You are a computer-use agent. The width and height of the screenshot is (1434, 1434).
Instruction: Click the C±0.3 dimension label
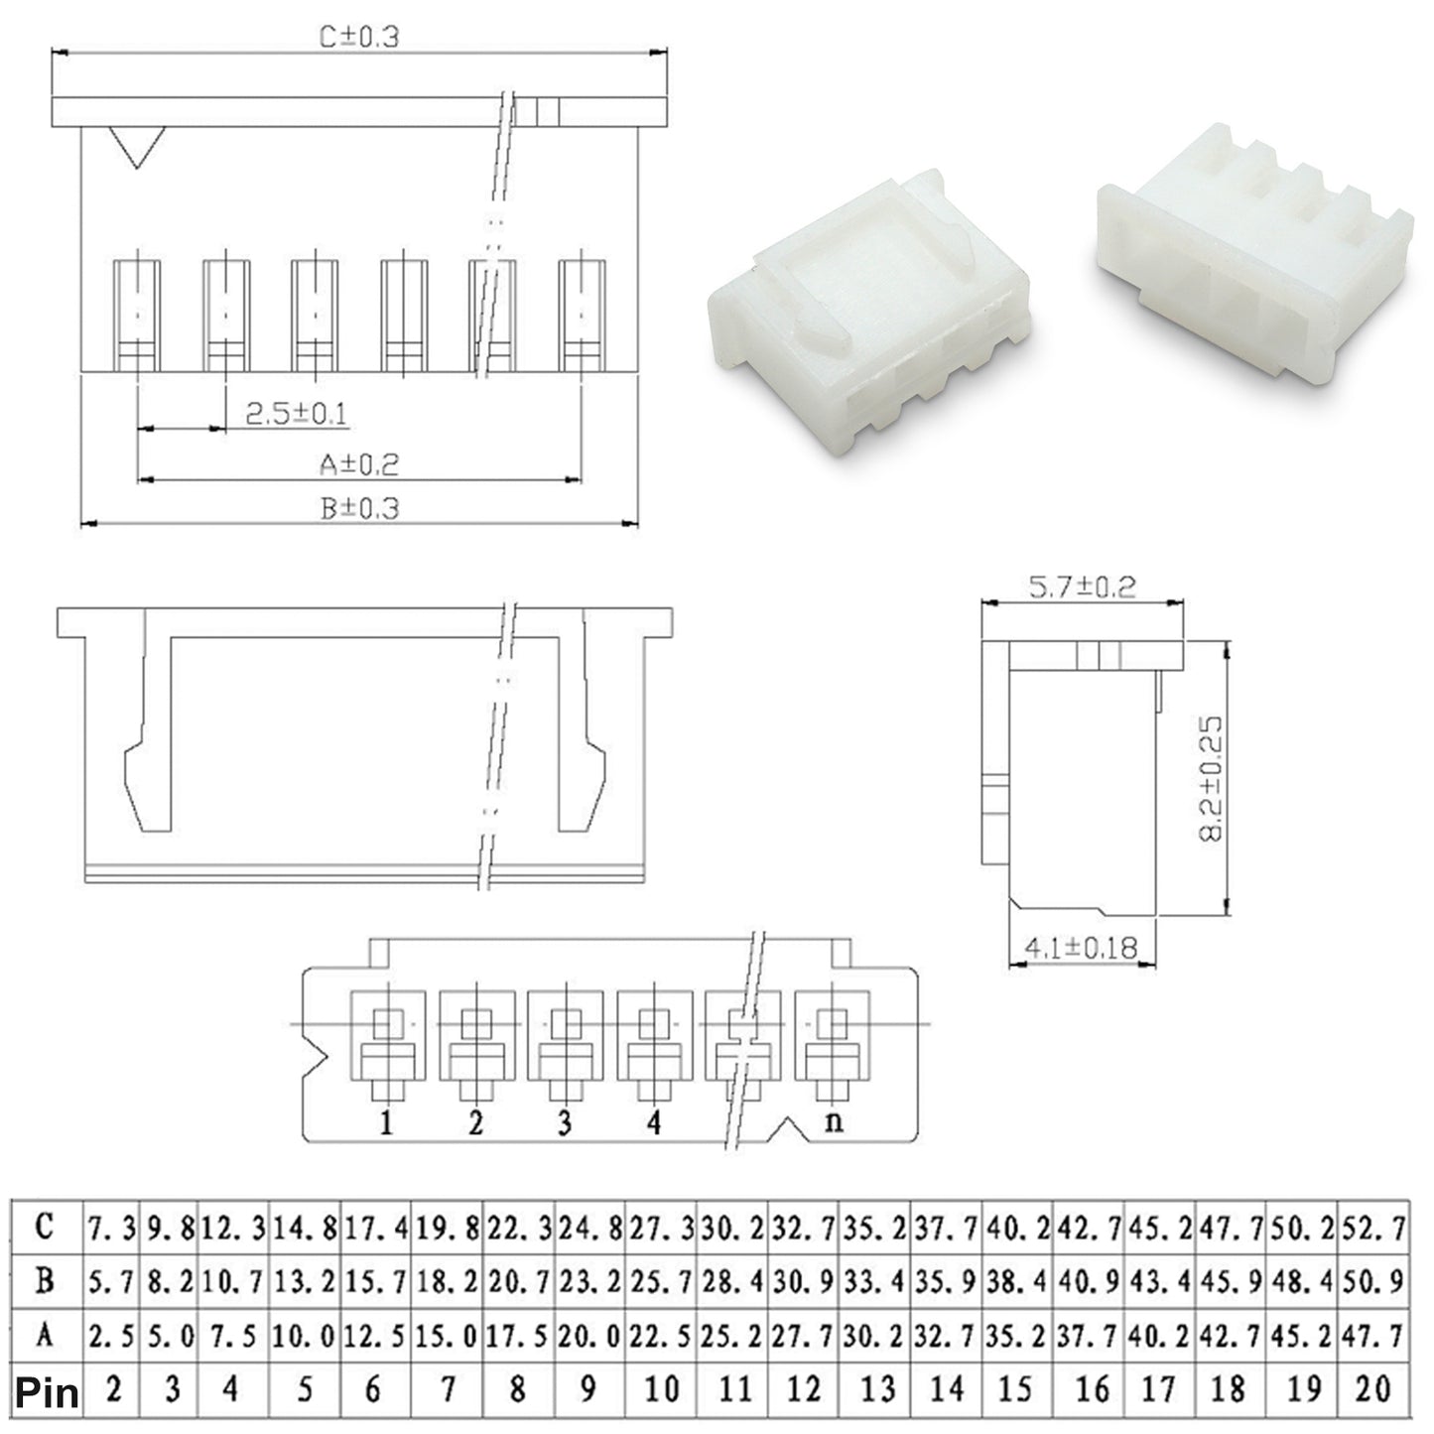point(358,37)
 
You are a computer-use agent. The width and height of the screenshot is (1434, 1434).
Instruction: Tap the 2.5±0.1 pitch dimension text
point(296,413)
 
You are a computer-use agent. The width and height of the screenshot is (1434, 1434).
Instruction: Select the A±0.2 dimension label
point(359,464)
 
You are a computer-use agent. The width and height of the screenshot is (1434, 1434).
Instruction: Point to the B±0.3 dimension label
point(359,509)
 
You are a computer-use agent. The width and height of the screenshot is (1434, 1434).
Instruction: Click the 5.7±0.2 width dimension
point(1082,587)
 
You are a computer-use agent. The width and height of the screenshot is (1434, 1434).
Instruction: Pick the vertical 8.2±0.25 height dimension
point(1211,778)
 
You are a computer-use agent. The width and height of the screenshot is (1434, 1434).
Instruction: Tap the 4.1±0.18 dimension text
point(1082,948)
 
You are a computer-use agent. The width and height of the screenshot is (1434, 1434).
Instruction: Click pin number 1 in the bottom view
point(386,1122)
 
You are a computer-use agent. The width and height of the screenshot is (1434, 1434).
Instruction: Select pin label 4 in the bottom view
point(653,1122)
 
